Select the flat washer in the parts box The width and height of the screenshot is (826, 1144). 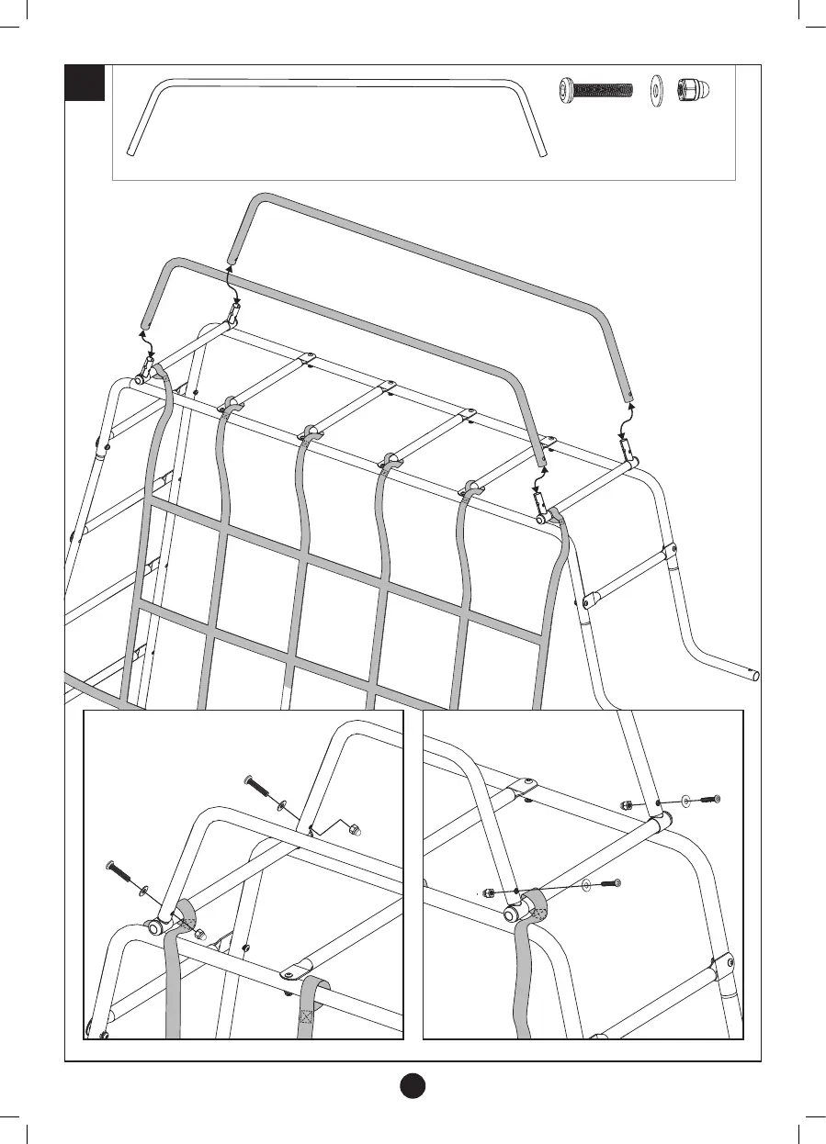657,90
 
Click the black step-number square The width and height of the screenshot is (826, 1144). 85,83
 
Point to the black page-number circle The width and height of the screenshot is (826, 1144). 413,1084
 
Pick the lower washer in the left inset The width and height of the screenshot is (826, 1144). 142,890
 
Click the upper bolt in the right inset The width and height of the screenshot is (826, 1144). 709,799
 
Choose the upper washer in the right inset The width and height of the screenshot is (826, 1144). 686,801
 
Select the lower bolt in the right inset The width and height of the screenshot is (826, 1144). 611,883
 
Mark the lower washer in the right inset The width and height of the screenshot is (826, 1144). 587,886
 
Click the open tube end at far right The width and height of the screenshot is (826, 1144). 755,675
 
